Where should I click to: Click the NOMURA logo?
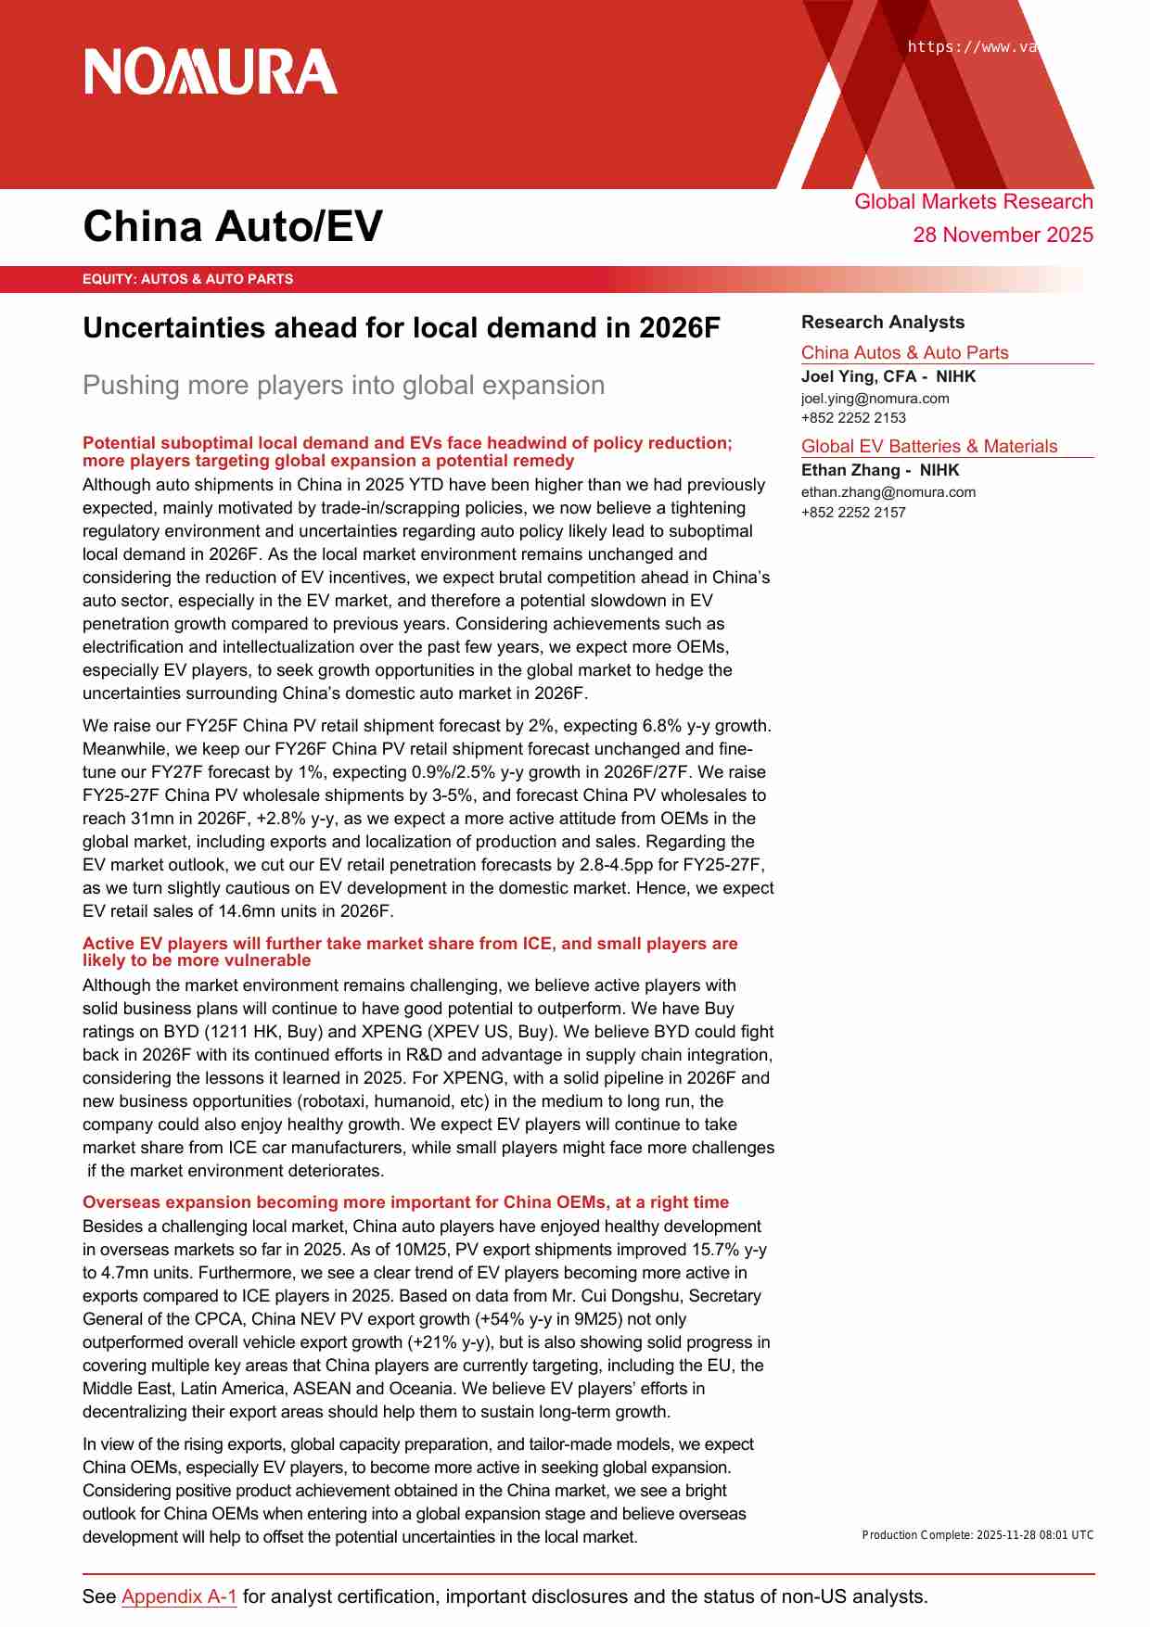tap(211, 72)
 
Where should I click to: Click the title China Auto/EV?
tap(233, 226)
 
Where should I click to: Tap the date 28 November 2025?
tap(1003, 235)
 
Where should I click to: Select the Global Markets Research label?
tap(973, 202)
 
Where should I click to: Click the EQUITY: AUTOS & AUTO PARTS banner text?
tap(187, 279)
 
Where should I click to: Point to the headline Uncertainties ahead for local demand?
tap(401, 328)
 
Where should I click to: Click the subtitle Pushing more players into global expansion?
tap(343, 385)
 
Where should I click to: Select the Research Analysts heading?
tap(882, 322)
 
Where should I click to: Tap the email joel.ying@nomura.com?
tap(875, 399)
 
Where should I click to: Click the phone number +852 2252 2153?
tap(853, 418)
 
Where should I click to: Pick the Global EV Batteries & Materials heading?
tap(928, 446)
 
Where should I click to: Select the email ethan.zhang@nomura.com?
tap(888, 492)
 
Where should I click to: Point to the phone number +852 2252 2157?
tap(853, 513)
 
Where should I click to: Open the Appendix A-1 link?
tap(179, 1596)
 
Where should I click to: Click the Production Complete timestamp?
tap(977, 1535)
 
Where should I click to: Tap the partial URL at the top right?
tap(971, 47)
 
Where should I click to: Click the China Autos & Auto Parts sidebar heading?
tap(904, 352)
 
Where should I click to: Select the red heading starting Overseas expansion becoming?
tap(405, 1202)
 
